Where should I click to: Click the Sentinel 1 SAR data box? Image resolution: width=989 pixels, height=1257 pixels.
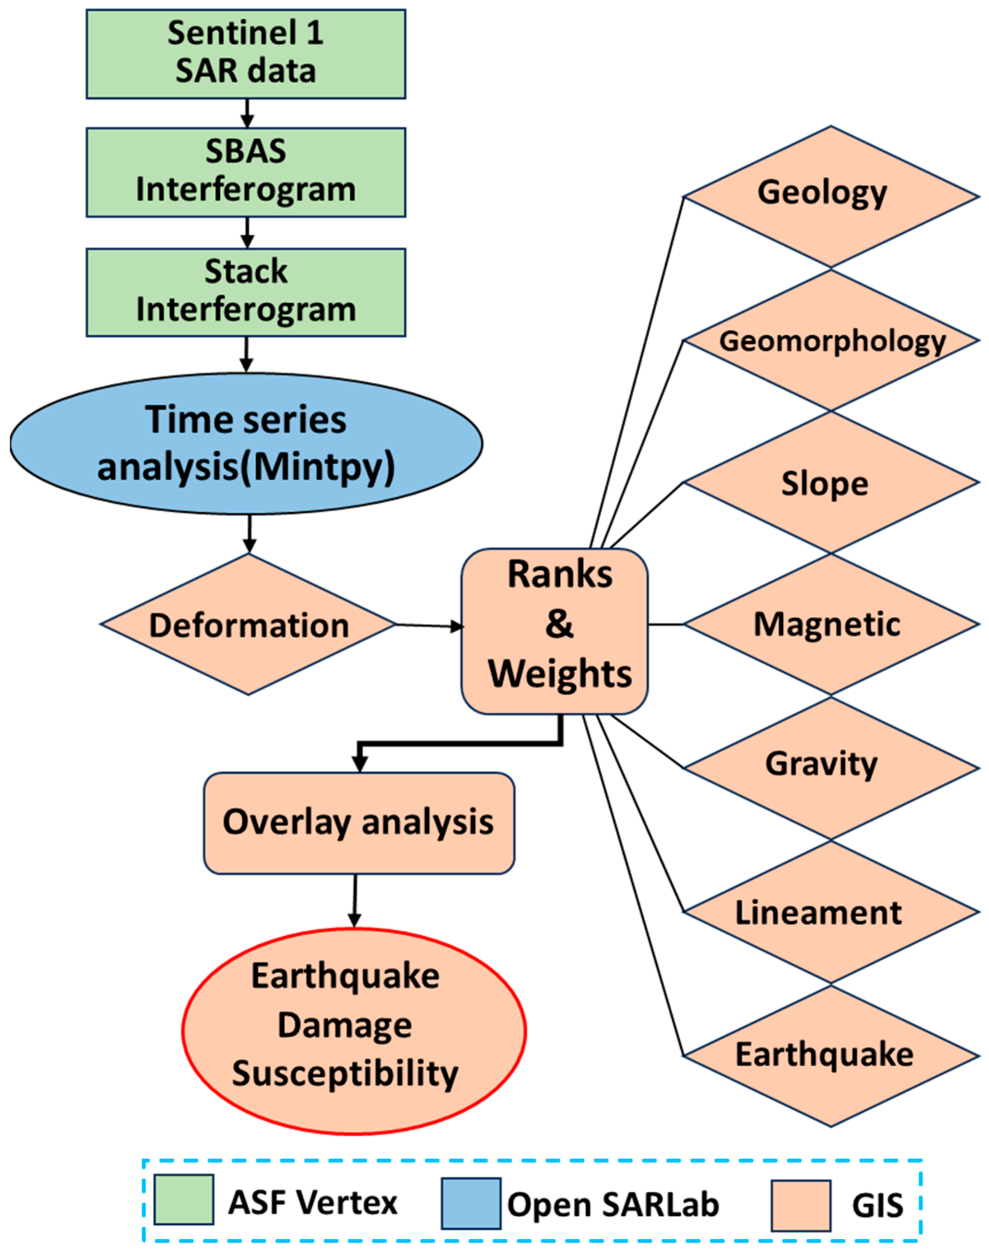pos(246,54)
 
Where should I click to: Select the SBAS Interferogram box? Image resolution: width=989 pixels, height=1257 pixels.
pos(246,172)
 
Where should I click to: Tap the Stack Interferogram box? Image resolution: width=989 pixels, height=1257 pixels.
pos(246,292)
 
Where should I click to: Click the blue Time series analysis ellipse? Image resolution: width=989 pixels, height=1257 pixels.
pos(246,443)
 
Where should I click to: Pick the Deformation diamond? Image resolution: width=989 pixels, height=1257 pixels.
pos(248,625)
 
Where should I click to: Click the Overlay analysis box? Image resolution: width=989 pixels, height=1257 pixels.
pos(359,822)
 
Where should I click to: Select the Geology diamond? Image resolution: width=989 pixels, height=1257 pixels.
pos(831,197)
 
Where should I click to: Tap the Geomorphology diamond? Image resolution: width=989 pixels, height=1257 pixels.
pos(831,341)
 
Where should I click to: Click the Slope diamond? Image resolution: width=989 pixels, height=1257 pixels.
pos(831,483)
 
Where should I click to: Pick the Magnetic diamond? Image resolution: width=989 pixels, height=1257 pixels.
pos(831,625)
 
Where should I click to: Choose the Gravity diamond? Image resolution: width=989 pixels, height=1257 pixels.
pos(831,768)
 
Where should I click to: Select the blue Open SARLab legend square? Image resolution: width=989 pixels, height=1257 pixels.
pos(471,1203)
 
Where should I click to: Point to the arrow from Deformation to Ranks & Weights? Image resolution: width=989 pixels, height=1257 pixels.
pos(429,626)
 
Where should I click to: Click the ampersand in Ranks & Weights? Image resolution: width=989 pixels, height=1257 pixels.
pos(559,624)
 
